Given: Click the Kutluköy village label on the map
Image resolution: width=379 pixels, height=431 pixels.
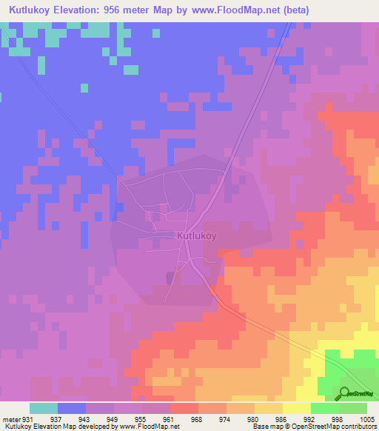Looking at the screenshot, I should (x=197, y=236).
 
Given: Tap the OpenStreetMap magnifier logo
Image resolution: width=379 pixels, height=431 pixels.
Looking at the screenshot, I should (x=344, y=393).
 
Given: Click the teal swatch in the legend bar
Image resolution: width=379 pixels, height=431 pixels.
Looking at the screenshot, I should (x=44, y=408).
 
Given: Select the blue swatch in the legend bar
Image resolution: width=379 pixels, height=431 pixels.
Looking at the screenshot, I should (x=72, y=408).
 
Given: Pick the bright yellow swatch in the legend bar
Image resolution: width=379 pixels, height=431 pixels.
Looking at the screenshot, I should (x=296, y=408).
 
